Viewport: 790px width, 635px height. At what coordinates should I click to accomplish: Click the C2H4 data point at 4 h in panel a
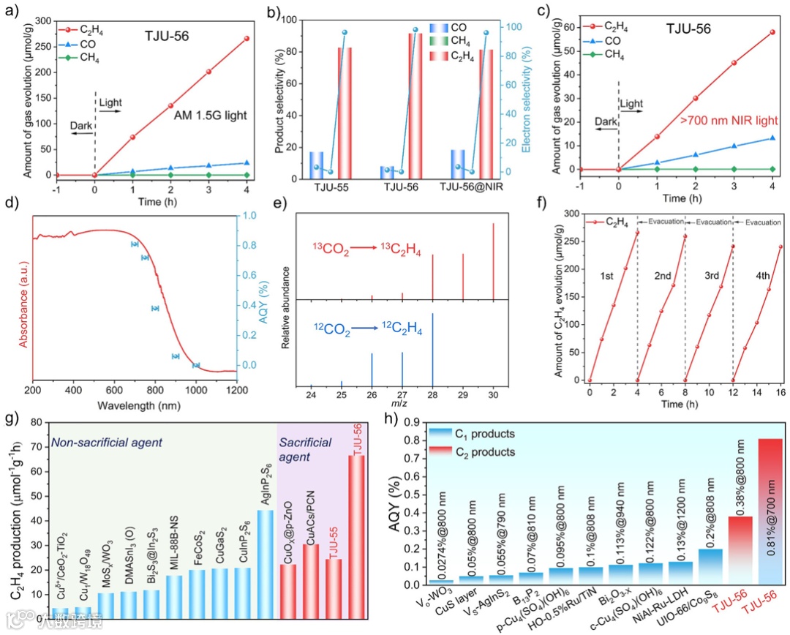pyautogui.click(x=247, y=38)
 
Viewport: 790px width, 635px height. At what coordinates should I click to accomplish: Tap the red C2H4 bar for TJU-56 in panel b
pyautogui.click(x=415, y=102)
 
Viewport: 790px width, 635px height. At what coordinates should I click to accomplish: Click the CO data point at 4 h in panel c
pyautogui.click(x=772, y=138)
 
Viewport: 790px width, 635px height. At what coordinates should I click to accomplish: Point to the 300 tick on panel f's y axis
pyautogui.click(x=571, y=214)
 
